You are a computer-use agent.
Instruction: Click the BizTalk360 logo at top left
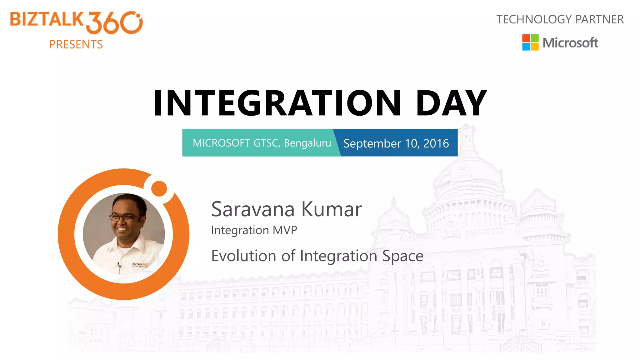tap(76, 22)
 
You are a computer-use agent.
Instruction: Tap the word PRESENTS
tap(76, 44)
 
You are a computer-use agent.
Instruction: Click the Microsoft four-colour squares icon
tap(530, 42)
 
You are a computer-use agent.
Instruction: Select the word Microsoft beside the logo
tap(570, 43)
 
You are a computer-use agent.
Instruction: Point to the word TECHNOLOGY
tap(534, 19)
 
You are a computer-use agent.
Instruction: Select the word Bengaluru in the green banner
tap(307, 143)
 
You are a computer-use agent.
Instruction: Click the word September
tap(372, 143)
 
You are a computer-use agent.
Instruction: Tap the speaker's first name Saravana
tap(253, 209)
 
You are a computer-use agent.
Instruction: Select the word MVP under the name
tap(285, 230)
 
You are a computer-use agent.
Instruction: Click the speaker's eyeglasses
tap(124, 217)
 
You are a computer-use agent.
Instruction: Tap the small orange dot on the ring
tap(159, 188)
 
